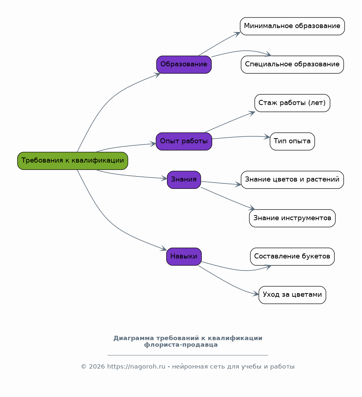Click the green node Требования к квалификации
click(73, 161)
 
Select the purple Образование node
click(184, 65)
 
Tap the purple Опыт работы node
click(184, 141)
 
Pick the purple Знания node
click(184, 180)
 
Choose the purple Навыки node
click(184, 257)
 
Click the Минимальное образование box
click(292, 26)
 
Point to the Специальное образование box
click(292, 65)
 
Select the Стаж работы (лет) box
click(292, 103)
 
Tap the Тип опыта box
click(292, 141)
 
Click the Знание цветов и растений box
click(292, 180)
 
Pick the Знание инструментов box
click(292, 218)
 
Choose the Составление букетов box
click(292, 257)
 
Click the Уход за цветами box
click(292, 295)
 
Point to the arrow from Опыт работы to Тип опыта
click(241, 137)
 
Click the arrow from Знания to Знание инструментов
click(228, 199)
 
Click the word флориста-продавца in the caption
click(181, 345)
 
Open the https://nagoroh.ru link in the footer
click(136, 367)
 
